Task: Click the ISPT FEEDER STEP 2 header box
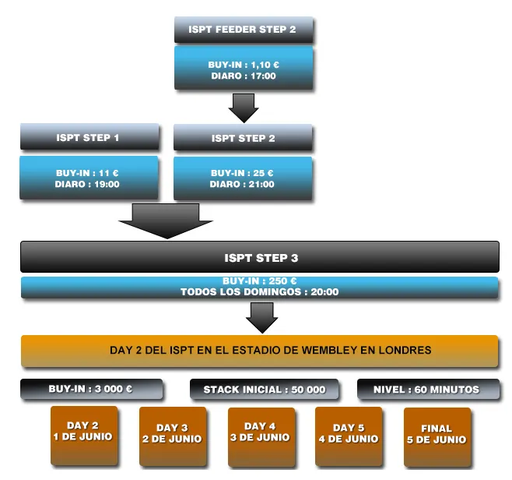pos(243,30)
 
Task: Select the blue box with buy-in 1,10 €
pos(243,70)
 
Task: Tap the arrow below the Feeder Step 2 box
pos(244,108)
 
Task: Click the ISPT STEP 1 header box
pos(89,138)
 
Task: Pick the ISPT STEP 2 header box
pos(243,139)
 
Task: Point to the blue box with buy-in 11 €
pos(89,178)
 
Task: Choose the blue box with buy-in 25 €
pos(243,178)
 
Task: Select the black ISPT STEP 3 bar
pos(259,257)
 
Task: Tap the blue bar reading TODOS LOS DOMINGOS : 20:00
pos(259,288)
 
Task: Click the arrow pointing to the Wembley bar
pos(261,317)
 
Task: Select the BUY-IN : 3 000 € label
pos(91,389)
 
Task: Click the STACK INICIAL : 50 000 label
pos(265,390)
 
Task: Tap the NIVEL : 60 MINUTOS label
pos(427,390)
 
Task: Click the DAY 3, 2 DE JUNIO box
pos(172,436)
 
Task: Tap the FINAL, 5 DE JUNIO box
pos(437,436)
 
